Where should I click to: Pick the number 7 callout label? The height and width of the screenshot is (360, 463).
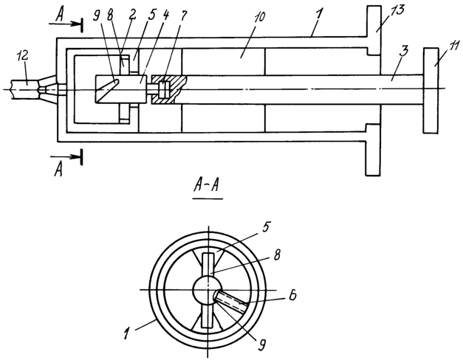click(x=184, y=16)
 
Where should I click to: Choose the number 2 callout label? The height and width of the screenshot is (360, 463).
click(x=132, y=15)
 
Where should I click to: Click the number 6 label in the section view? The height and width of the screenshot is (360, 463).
click(x=292, y=296)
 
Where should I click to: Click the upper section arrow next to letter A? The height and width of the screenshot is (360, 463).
click(x=66, y=24)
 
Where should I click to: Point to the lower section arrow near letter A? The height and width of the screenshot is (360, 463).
click(x=66, y=157)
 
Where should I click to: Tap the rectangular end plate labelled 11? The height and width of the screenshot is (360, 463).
click(x=431, y=90)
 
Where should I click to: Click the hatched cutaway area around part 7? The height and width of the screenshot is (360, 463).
click(x=169, y=89)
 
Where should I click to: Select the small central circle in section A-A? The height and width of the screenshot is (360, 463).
click(x=208, y=290)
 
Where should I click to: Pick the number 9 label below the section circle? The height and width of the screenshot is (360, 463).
click(x=261, y=345)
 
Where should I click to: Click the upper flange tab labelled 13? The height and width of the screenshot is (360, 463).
click(x=374, y=30)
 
